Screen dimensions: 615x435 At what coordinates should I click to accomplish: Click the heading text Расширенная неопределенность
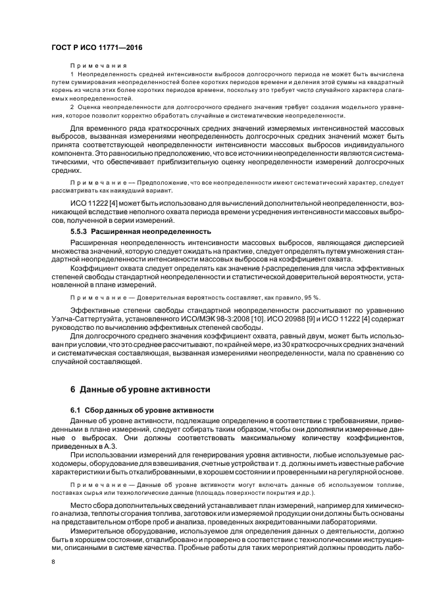(x=151, y=232)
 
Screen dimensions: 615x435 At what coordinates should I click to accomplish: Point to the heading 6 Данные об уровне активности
(x=140, y=388)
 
